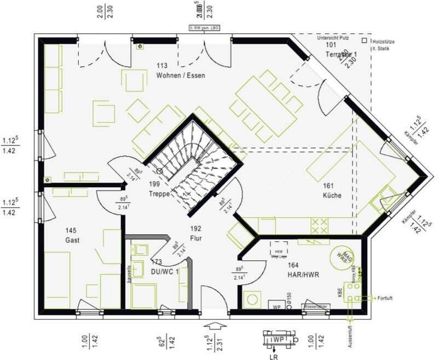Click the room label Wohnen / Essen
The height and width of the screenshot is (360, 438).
click(180, 75)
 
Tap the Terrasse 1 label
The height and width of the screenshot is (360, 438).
click(341, 54)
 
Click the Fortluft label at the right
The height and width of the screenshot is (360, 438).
click(386, 298)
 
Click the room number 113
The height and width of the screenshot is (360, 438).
click(162, 66)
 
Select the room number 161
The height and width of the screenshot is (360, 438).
click(328, 186)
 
